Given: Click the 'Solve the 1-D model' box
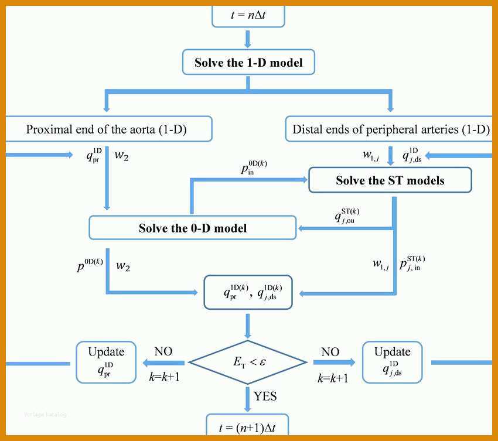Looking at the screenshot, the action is click(x=248, y=62).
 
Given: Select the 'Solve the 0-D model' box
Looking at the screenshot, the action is click(x=193, y=228).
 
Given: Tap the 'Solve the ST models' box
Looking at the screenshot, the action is click(x=390, y=180).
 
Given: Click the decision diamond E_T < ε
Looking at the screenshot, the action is click(x=248, y=363).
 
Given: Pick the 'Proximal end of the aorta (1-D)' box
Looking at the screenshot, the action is click(x=108, y=129).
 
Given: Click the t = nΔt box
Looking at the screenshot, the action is click(x=248, y=16).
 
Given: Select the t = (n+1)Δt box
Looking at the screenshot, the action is click(x=247, y=425).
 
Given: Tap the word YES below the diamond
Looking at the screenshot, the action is click(x=265, y=396).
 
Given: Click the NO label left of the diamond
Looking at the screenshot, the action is click(x=163, y=351).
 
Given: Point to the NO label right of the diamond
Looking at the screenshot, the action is click(x=330, y=352).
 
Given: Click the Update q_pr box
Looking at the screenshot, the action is click(x=106, y=363).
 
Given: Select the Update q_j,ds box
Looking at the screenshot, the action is click(x=392, y=363).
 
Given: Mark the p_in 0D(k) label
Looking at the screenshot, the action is click(x=254, y=167).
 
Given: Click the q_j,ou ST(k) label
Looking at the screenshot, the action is click(x=347, y=216).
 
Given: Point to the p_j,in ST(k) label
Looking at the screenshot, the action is click(x=412, y=263).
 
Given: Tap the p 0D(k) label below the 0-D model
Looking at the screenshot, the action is click(x=90, y=266).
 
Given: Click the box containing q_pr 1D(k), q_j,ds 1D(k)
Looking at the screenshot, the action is click(x=248, y=292).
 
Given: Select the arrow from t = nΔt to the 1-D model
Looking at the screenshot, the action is click(x=248, y=39).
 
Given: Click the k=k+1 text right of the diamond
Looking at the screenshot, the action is click(x=333, y=378).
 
